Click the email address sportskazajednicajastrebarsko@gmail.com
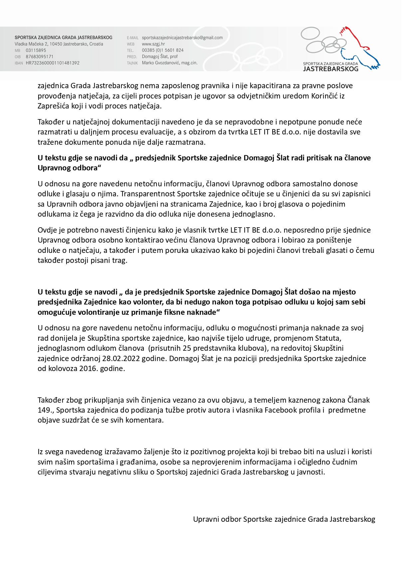[182, 38]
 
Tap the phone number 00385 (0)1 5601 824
[162, 50]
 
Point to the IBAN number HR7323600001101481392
[53, 63]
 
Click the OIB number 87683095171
[39, 57]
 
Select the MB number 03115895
[36, 50]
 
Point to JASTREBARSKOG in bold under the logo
[330, 69]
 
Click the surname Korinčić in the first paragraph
[323, 96]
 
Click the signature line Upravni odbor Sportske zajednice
[284, 519]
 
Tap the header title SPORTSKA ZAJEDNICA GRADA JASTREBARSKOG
[63, 38]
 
